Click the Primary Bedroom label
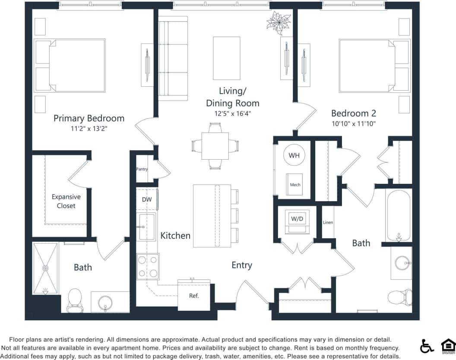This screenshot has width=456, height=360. (x=89, y=118)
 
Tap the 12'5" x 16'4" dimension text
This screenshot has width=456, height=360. (x=232, y=114)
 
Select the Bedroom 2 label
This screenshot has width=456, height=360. (x=353, y=114)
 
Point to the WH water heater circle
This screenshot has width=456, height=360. (x=294, y=155)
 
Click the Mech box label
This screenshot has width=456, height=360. (x=295, y=184)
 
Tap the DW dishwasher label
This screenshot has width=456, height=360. (x=147, y=200)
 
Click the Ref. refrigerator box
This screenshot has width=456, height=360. (x=194, y=296)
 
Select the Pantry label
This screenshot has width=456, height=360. (x=142, y=169)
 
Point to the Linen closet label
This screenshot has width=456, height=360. (x=328, y=223)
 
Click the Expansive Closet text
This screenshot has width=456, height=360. (x=66, y=202)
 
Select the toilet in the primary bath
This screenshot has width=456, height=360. (x=75, y=299)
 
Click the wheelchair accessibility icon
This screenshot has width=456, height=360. (x=427, y=346)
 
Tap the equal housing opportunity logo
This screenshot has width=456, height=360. (x=448, y=346)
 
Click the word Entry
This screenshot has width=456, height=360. (x=241, y=265)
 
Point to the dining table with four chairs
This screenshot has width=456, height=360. (x=215, y=146)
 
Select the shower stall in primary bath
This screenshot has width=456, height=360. (x=45, y=268)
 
